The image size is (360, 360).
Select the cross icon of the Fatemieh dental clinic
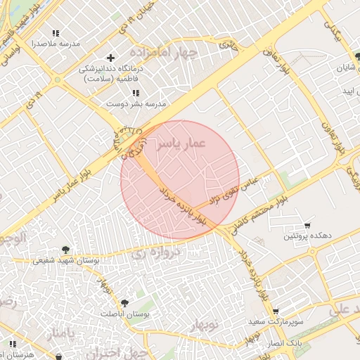110,58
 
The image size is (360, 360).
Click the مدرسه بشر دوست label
136,103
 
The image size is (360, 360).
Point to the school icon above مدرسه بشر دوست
136,93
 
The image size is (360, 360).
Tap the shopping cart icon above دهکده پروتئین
307,226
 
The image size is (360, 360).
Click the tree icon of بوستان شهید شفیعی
65,249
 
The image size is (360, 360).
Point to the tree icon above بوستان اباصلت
124,302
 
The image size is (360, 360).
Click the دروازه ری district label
176,250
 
